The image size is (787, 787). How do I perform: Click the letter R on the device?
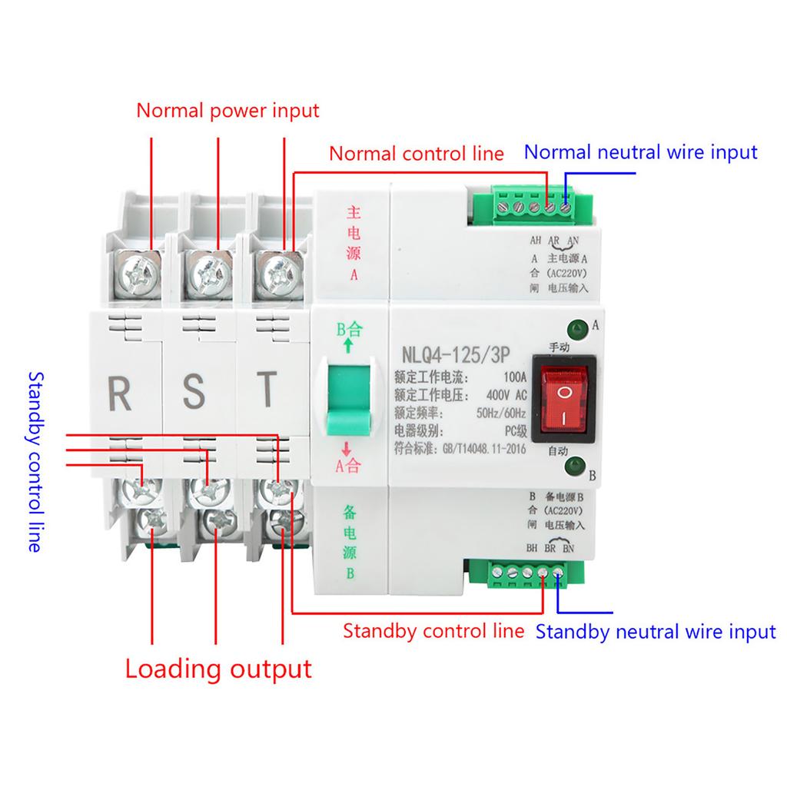point(120,391)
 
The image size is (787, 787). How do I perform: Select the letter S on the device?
point(195,391)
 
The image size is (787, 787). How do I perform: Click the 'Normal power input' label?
point(227,110)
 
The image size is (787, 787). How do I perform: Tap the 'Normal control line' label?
point(417,153)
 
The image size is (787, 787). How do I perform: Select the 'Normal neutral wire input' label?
point(641,151)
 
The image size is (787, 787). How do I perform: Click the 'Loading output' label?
point(218,668)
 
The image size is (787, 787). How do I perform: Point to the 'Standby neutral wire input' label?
point(656,633)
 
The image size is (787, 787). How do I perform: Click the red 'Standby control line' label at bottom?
point(433,632)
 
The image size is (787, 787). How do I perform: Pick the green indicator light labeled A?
point(575,327)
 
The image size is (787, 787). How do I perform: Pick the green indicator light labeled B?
point(573,466)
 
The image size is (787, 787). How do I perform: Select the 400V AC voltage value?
point(504,395)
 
